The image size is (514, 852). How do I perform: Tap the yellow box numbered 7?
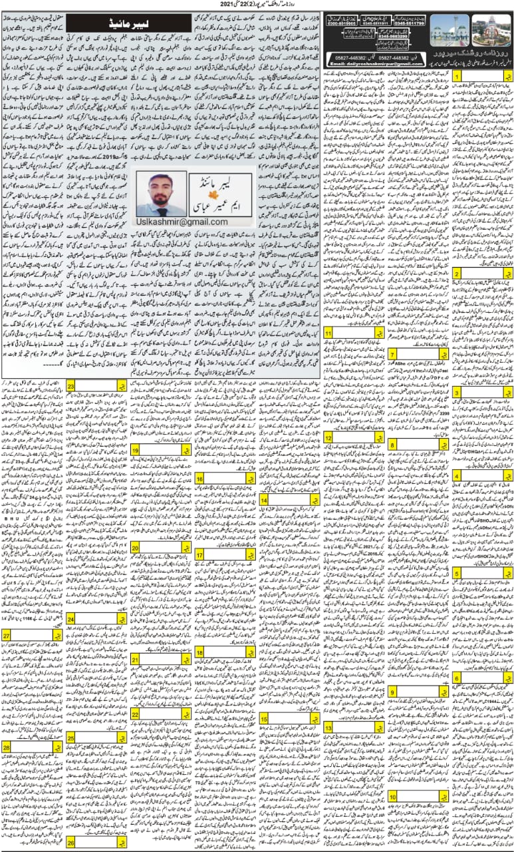(394, 354)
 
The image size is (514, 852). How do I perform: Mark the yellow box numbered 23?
(70, 386)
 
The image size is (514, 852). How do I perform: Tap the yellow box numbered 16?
(199, 479)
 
